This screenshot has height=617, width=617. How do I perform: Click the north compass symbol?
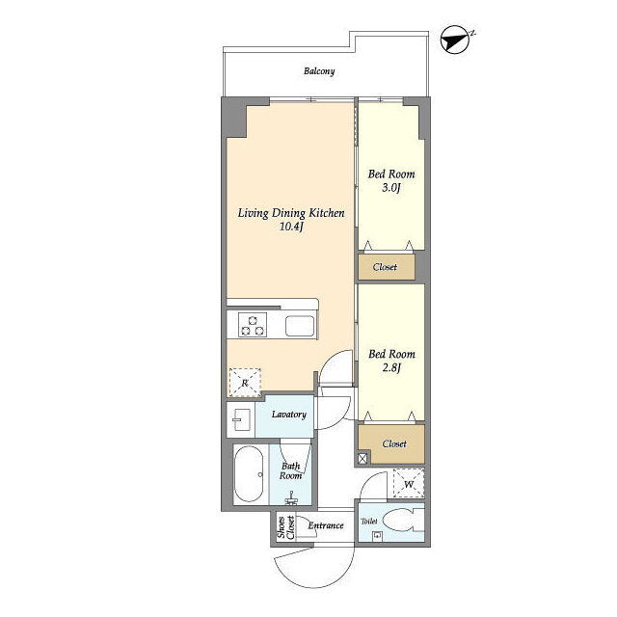[x=456, y=40]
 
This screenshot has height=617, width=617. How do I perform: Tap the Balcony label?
[x=319, y=71]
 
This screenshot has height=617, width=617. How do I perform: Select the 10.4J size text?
[x=291, y=227]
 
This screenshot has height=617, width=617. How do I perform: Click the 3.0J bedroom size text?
[x=391, y=188]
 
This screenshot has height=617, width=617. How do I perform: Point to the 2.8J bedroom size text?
[x=391, y=368]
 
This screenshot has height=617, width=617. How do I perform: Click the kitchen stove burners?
[x=253, y=325]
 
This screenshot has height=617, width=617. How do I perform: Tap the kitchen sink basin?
[x=300, y=326]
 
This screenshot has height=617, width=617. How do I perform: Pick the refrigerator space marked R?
[x=245, y=383]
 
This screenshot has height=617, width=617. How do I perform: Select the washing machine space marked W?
[x=409, y=484]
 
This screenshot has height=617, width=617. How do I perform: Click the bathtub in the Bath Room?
[x=249, y=474]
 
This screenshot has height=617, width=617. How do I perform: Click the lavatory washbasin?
[x=241, y=419]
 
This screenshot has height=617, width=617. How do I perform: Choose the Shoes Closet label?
[x=286, y=527]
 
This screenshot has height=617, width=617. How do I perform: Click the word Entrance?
[x=326, y=525]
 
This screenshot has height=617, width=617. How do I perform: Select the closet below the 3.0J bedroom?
[x=387, y=267]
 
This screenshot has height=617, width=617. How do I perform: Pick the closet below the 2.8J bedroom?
[x=391, y=443]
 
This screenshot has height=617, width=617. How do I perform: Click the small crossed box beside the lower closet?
[x=362, y=459]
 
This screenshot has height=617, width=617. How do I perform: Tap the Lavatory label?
[x=289, y=415]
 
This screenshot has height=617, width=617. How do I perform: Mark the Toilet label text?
[x=369, y=521]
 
